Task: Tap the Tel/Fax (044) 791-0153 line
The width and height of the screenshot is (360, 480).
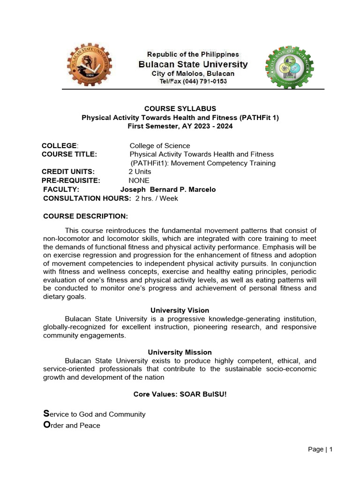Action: coord(193,82)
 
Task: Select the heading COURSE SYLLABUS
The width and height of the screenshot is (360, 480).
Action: coord(180,109)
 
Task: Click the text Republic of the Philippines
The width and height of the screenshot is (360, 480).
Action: coord(193,54)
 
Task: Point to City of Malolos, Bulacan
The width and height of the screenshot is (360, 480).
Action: coord(193,74)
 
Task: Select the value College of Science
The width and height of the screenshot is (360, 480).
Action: coord(160,146)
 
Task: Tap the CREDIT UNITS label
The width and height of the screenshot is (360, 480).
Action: coord(68,172)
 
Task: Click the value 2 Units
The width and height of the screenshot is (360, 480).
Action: coord(140,172)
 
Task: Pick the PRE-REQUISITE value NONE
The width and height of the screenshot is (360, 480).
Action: coord(139,180)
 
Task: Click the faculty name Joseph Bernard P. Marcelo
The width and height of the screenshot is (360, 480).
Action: coord(168,189)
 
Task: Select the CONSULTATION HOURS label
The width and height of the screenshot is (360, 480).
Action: coord(87,198)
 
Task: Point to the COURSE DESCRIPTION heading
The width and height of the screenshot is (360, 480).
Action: coord(85,216)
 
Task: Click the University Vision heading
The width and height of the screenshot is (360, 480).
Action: coord(180,310)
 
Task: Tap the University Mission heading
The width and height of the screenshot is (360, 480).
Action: coord(180,352)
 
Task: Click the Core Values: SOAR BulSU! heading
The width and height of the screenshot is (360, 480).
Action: coord(180,394)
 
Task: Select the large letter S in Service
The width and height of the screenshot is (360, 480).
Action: coord(46,413)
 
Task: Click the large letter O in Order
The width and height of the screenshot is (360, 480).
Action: coord(46,425)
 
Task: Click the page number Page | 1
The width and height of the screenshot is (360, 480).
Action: coord(320,450)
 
